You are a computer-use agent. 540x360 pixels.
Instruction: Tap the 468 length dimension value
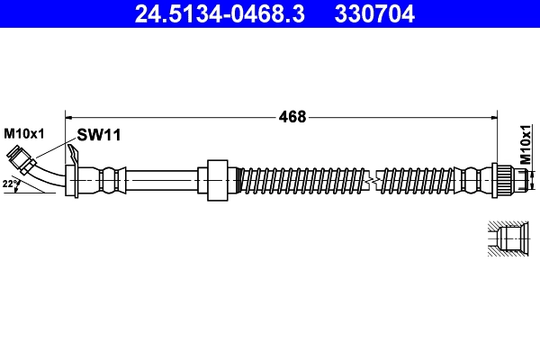[292, 116]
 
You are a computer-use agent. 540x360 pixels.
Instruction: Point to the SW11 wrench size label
[99, 135]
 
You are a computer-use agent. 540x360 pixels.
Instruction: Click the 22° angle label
[10, 184]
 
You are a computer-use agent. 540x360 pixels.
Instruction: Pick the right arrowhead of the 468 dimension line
[493, 116]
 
